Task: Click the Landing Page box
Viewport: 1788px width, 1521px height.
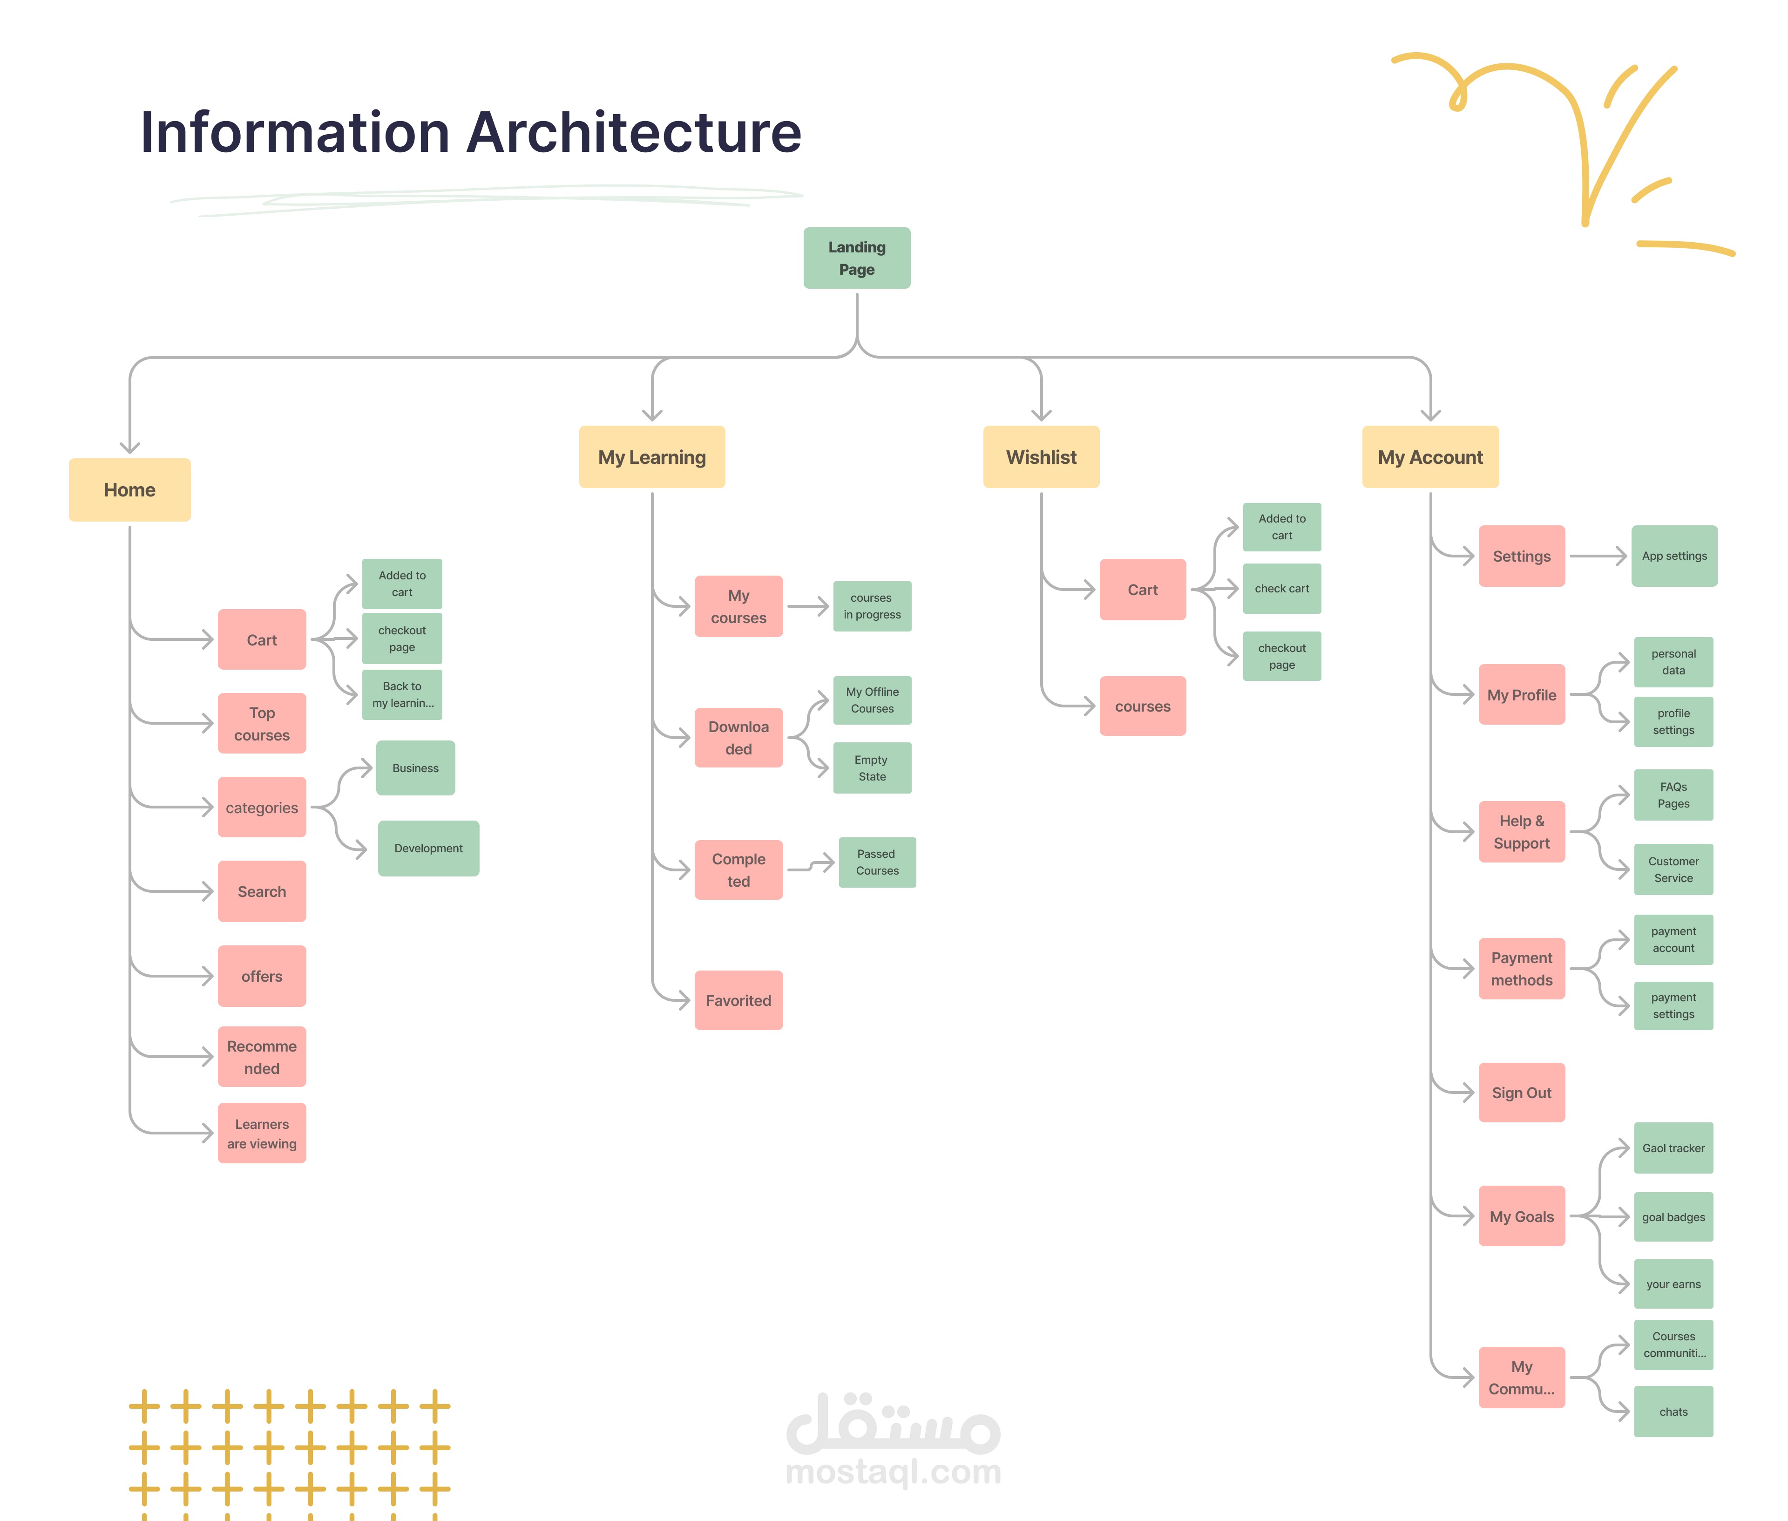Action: point(856,258)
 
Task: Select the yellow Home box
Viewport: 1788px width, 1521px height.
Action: point(129,490)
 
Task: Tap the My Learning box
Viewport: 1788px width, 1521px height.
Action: point(652,457)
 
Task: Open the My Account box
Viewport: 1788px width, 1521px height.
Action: point(1430,457)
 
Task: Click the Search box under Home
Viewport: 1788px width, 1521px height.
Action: point(262,891)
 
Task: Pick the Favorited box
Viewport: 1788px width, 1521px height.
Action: point(739,1000)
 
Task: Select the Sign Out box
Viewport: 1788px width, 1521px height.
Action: point(1522,1093)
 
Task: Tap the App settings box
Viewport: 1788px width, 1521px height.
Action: point(1674,556)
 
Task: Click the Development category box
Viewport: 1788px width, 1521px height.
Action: point(428,849)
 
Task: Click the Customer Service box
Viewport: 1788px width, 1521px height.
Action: point(1673,869)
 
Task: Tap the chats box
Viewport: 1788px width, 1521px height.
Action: point(1673,1412)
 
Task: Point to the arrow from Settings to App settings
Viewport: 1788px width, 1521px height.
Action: point(1598,556)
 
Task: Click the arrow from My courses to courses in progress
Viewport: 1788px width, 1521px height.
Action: point(808,606)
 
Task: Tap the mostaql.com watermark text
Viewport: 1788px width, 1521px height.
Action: point(893,1472)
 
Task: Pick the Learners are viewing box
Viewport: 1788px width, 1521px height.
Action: point(262,1133)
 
